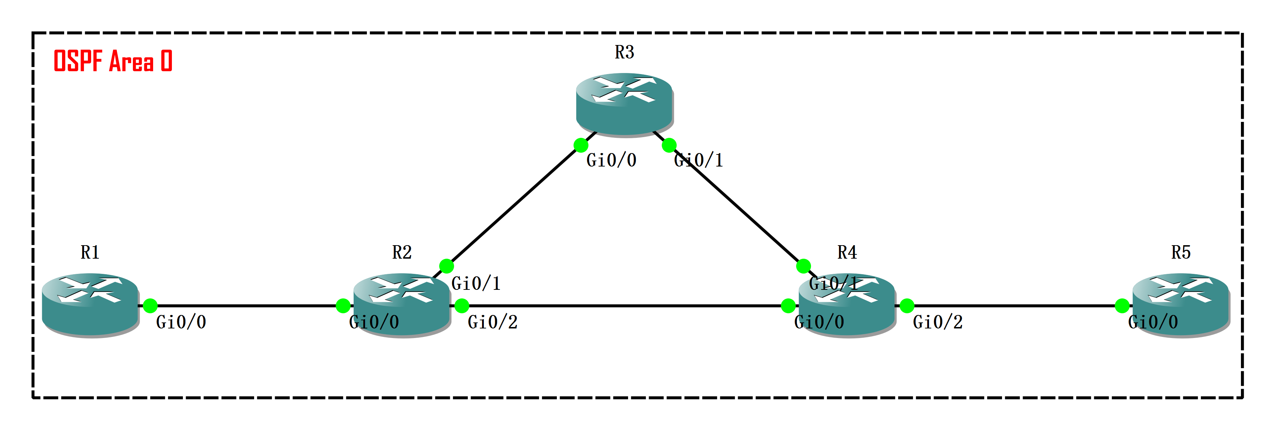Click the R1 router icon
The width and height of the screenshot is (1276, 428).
coord(90,305)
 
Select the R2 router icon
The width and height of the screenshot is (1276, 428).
coord(402,305)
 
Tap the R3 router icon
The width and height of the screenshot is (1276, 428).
coord(624,104)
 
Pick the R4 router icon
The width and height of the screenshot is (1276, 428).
coord(846,305)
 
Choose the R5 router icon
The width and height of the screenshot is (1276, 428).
coord(1180,305)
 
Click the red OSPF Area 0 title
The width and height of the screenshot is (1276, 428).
coord(113,61)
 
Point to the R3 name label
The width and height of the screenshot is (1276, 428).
coord(624,52)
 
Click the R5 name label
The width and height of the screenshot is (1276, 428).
coord(1180,253)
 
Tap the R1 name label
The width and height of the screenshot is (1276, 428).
coord(90,253)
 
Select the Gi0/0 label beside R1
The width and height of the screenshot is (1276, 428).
coord(181,322)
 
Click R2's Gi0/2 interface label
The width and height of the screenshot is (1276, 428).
coord(492,322)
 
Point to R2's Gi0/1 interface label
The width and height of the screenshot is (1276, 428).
coord(476,284)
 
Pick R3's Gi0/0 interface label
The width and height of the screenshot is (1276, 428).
coord(611,160)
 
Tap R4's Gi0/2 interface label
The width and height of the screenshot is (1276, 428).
coord(938,322)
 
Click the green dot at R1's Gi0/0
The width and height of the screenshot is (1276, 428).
coord(150,306)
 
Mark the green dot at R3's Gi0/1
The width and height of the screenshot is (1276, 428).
coord(669,145)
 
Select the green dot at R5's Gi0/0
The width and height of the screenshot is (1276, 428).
coord(1122,306)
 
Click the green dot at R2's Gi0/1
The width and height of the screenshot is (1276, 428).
coord(446,266)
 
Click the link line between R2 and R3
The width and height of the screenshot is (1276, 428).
coord(514,205)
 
